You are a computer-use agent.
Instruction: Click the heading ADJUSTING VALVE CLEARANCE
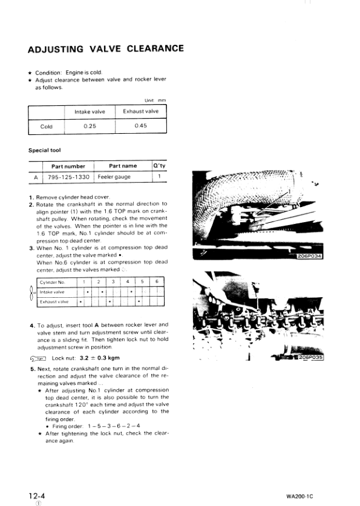point(106,49)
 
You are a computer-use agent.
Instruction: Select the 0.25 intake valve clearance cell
point(90,126)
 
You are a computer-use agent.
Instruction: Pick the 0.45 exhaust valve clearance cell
point(140,126)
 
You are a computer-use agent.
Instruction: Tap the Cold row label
point(46,126)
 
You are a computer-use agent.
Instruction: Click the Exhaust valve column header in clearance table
point(140,111)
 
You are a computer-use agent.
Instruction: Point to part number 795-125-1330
point(68,177)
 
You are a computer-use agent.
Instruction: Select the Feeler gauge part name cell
point(123,177)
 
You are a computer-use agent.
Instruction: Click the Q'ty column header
point(159,166)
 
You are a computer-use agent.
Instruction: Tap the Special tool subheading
point(44,150)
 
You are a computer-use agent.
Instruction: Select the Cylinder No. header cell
point(52,282)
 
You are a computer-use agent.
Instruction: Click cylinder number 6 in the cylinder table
point(157,282)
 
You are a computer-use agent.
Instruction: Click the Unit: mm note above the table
point(155,100)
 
